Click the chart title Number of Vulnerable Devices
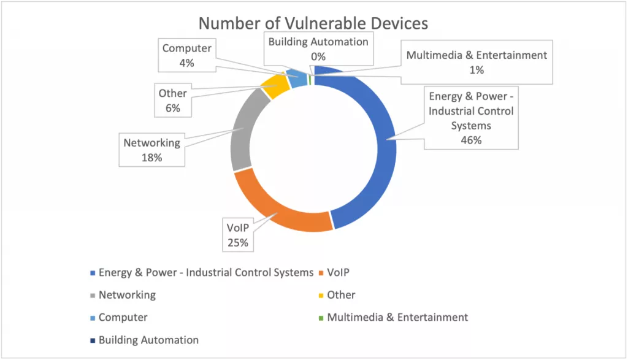pos(313,23)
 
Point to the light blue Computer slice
pos(299,78)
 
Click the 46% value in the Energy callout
pos(472,139)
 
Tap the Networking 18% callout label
pos(152,150)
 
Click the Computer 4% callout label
pos(186,55)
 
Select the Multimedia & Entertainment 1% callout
pos(477,62)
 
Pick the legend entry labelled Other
pos(340,295)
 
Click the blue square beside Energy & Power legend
pos(93,272)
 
